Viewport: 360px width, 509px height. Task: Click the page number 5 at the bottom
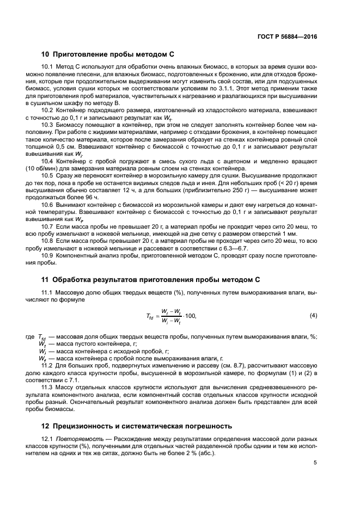[315, 463]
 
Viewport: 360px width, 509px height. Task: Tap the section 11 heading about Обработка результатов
[151, 280]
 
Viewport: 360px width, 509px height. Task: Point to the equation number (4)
[313, 316]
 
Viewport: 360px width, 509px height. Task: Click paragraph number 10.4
[48, 162]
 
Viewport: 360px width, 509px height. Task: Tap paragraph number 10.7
[48, 225]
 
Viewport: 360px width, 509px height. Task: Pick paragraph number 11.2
[48, 364]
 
